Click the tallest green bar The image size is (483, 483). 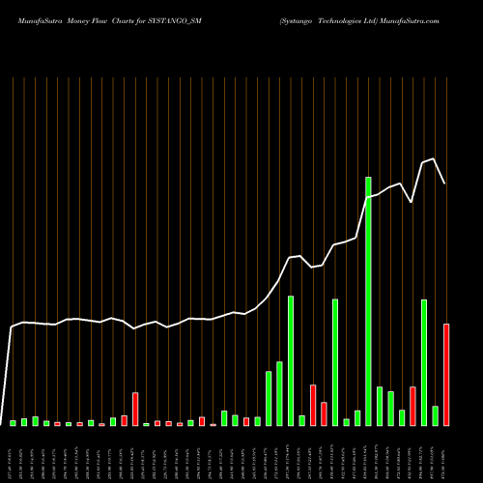pos(368,300)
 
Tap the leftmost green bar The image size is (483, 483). pos(14,423)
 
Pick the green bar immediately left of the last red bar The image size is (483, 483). pos(435,415)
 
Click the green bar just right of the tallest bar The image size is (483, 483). pos(380,406)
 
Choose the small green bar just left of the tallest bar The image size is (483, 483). pos(357,417)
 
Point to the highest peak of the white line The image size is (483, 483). pos(435,158)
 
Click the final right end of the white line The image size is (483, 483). pos(445,184)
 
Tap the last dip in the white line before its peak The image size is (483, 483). pos(412,201)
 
